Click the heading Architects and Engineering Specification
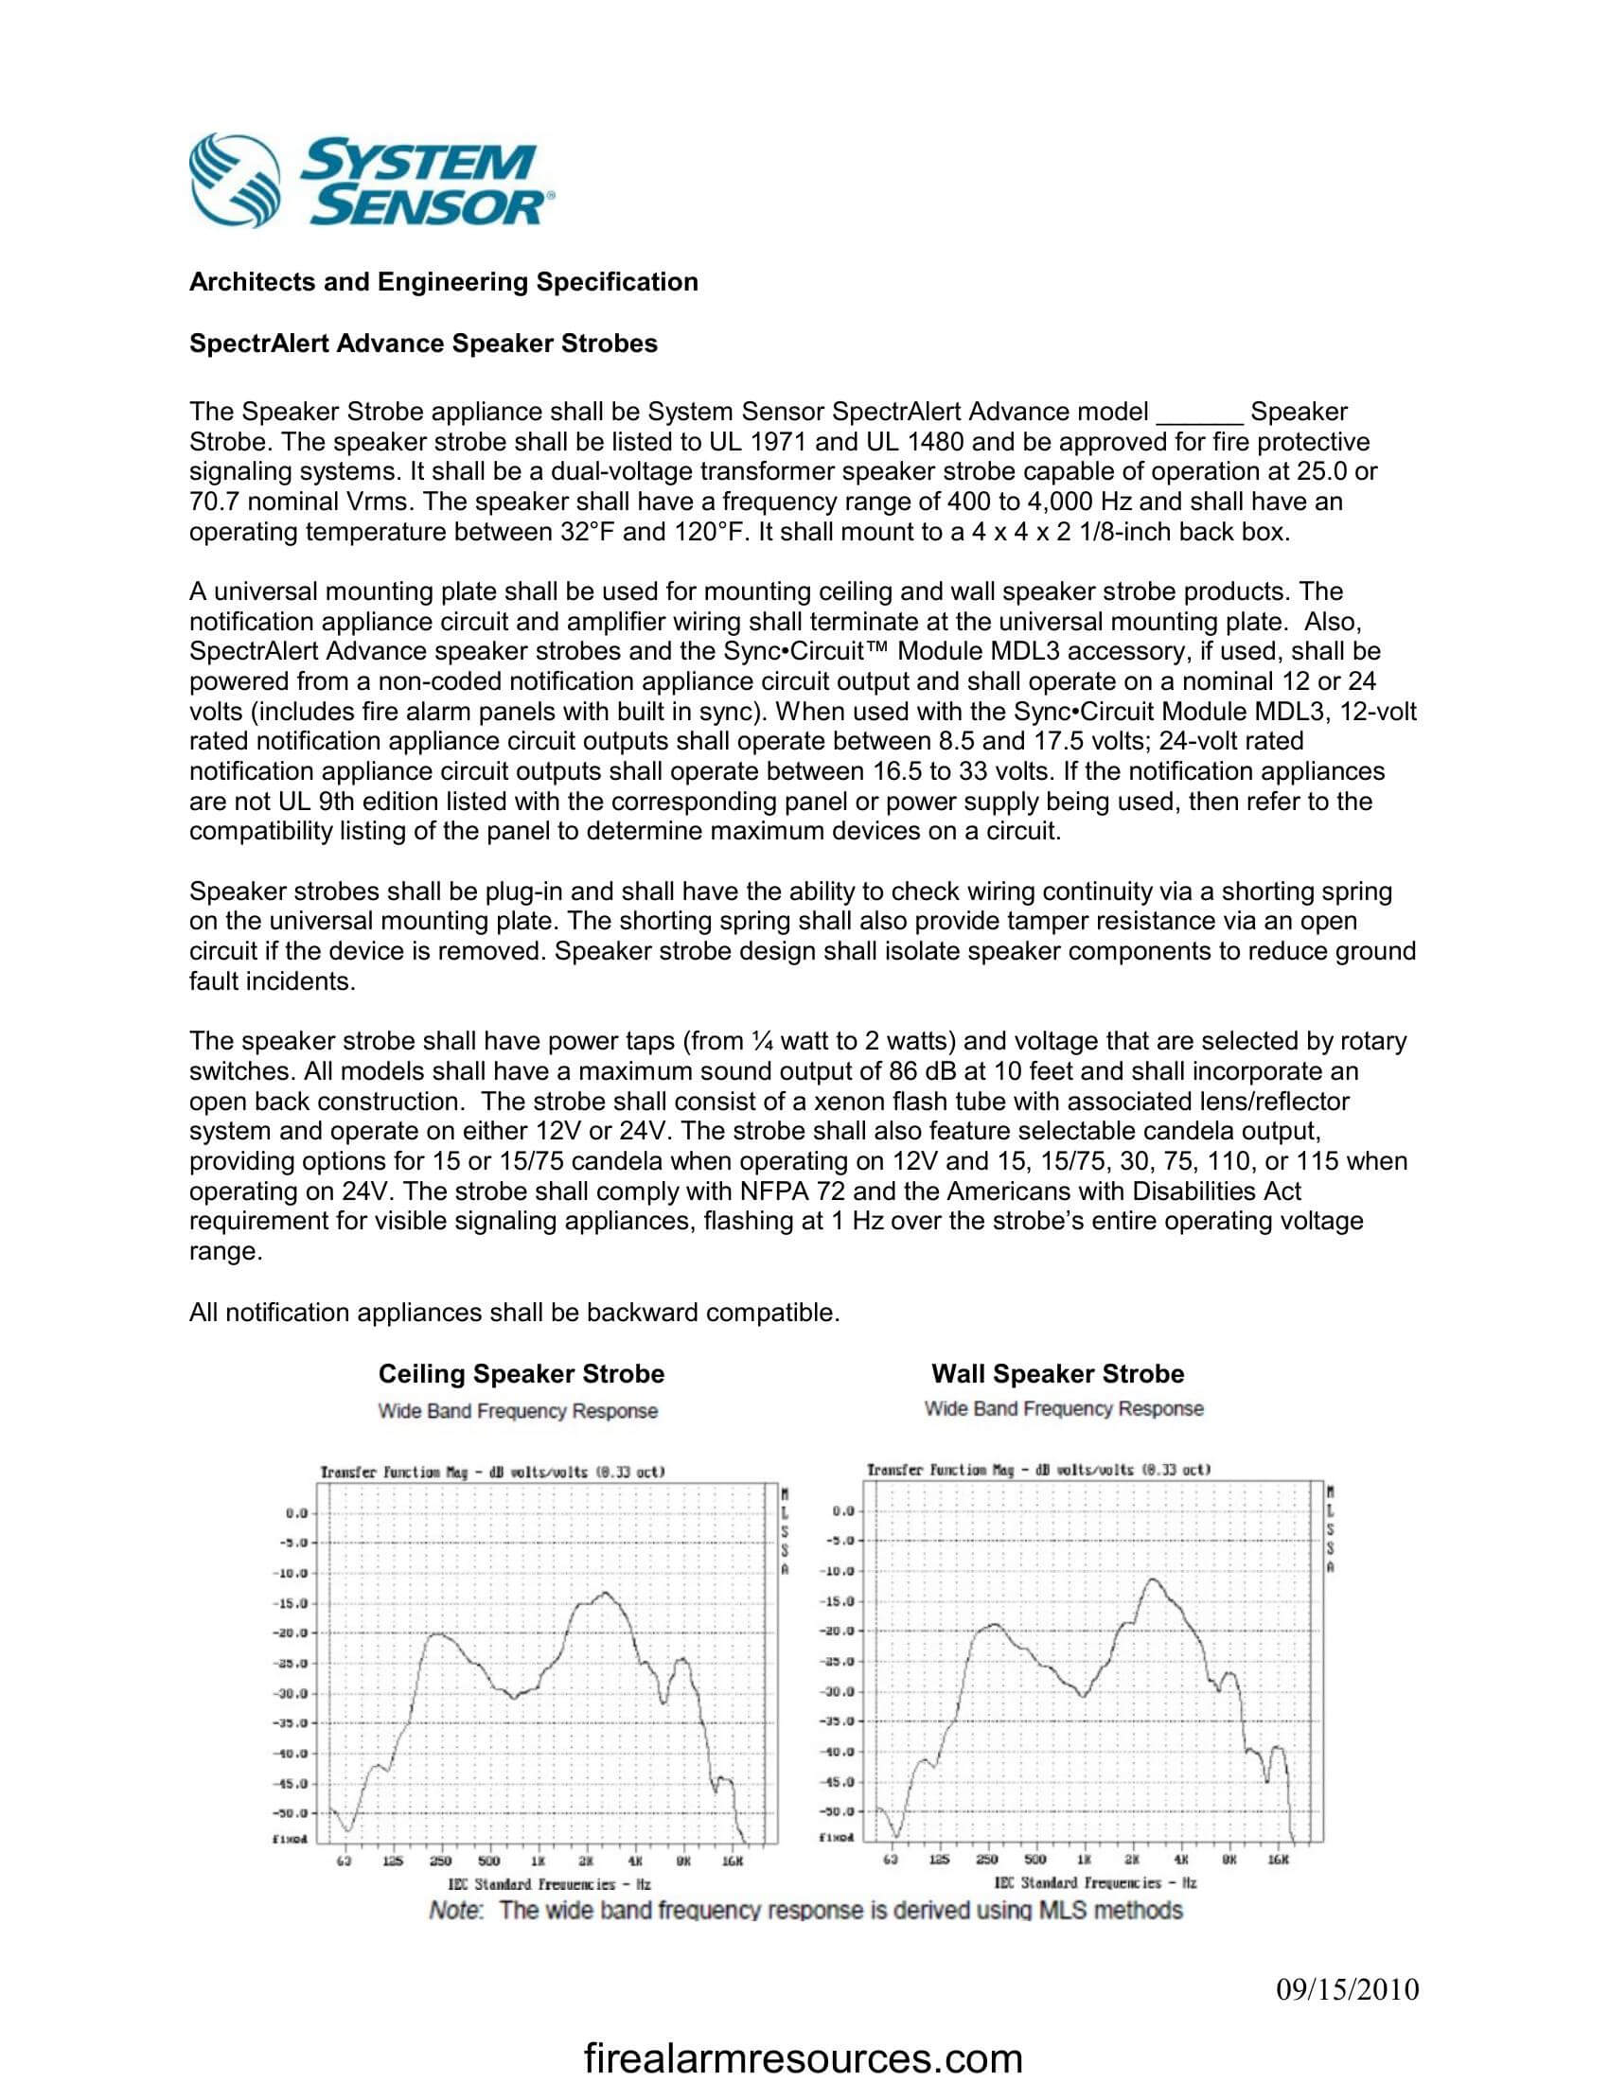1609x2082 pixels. click(x=443, y=282)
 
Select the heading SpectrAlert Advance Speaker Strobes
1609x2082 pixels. click(x=423, y=344)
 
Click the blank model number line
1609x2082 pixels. click(x=1198, y=413)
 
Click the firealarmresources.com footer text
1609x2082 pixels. click(x=804, y=2059)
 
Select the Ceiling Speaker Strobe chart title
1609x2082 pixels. click(x=522, y=1374)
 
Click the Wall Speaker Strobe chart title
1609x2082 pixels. click(x=1057, y=1374)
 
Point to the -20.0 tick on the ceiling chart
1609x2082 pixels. click(x=289, y=1633)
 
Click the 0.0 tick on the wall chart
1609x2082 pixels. click(x=842, y=1512)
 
